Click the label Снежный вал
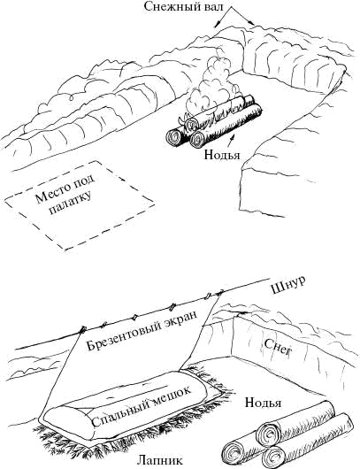pyautogui.click(x=183, y=5)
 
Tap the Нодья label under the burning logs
pyautogui.click(x=222, y=155)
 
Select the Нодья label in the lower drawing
pyautogui.click(x=263, y=403)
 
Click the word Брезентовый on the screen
pyautogui.click(x=124, y=334)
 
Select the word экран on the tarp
pyautogui.click(x=181, y=318)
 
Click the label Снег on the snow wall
pyautogui.click(x=277, y=346)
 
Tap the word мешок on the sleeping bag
pyautogui.click(x=171, y=394)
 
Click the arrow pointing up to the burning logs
pyautogui.click(x=229, y=142)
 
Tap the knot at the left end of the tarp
pyautogui.click(x=81, y=330)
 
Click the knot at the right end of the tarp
pyautogui.click(x=219, y=291)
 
